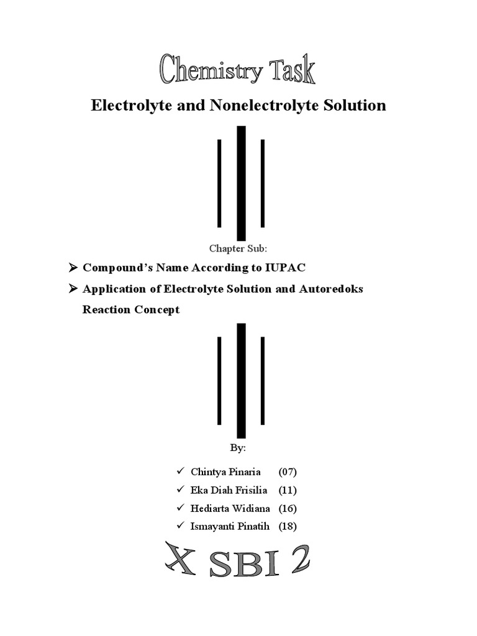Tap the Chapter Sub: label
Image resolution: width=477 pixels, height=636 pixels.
(x=238, y=248)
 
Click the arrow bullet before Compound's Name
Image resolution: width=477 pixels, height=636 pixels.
(x=71, y=268)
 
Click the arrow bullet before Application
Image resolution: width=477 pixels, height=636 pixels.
(x=71, y=289)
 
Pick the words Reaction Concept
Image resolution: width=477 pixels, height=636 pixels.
(x=131, y=309)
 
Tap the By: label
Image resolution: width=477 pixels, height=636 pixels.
(x=238, y=447)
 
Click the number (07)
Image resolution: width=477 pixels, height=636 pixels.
(x=288, y=472)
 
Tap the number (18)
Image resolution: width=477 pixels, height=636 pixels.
(x=288, y=527)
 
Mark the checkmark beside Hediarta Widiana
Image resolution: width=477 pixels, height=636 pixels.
(x=180, y=508)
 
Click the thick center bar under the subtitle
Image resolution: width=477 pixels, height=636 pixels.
(x=241, y=183)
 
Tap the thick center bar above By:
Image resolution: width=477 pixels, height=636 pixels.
(x=241, y=380)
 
